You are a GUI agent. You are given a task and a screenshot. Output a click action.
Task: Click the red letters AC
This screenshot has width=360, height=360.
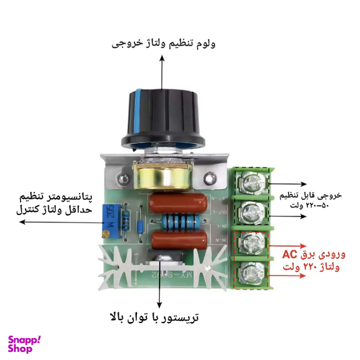[x=292, y=254]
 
